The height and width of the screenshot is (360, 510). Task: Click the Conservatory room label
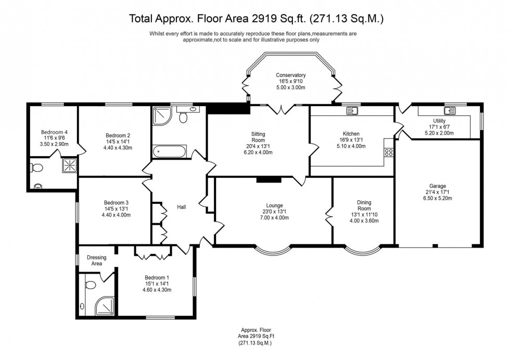[x=290, y=75]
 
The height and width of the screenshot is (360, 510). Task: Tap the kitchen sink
[x=352, y=110]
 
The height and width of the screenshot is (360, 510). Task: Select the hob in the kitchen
[x=388, y=152]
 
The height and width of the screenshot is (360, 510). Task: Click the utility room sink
[x=449, y=110]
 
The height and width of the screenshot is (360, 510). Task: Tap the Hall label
[x=182, y=207]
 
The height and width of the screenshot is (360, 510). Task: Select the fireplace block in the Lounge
[x=269, y=180]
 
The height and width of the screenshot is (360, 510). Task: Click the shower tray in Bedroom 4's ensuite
[x=69, y=165]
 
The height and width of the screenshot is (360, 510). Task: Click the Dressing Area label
[x=96, y=260]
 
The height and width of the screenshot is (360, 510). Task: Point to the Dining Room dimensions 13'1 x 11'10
[x=364, y=214]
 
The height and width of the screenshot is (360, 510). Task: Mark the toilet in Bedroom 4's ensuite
[x=36, y=168]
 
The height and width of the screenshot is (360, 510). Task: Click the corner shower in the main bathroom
[x=162, y=115]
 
